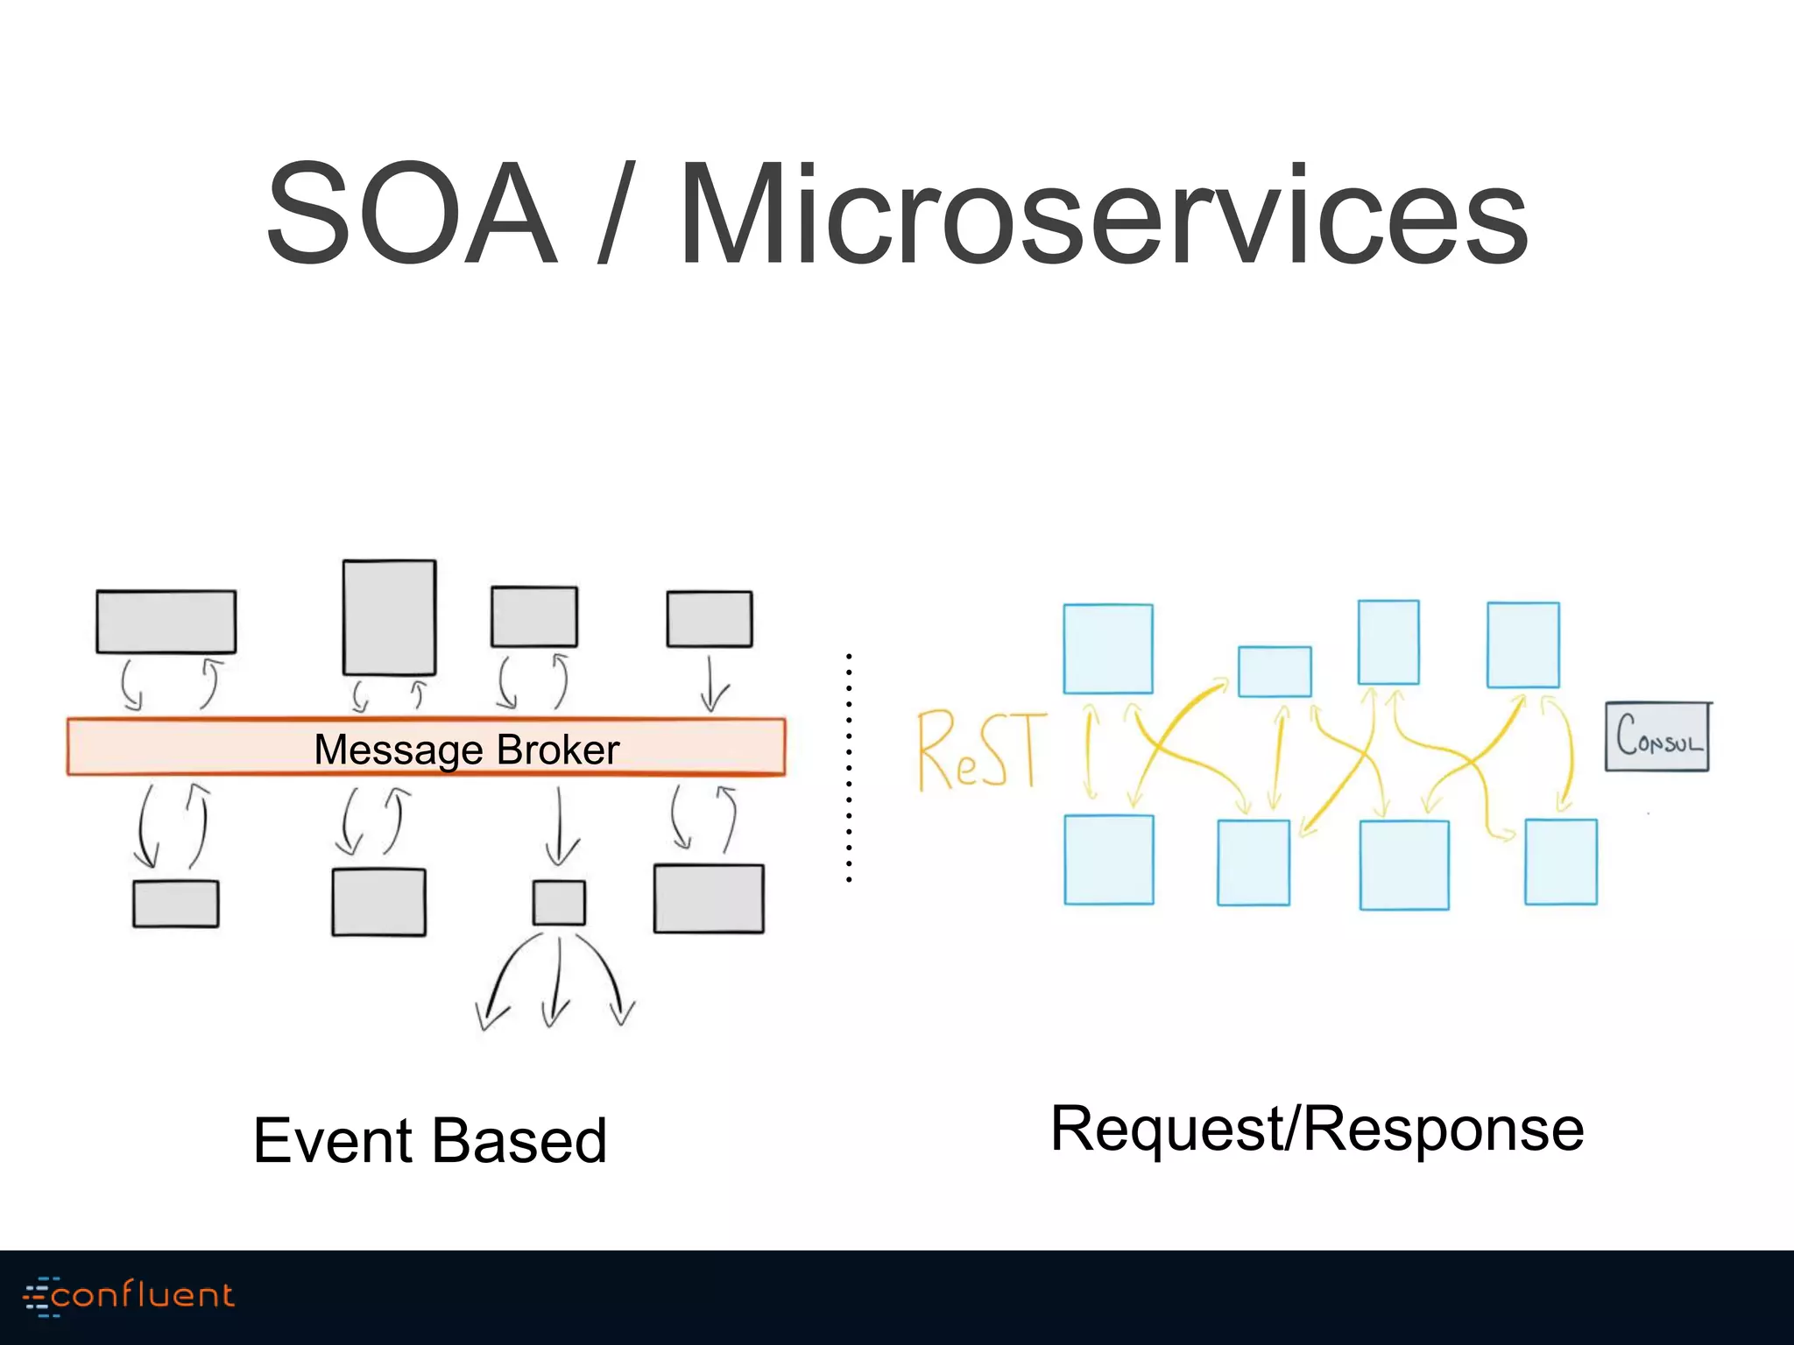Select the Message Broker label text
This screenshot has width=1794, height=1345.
(466, 750)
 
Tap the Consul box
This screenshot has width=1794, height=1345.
(1656, 736)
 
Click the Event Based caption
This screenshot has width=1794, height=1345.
(429, 1141)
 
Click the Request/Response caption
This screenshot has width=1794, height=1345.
(1317, 1130)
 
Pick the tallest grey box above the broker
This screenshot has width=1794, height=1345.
(390, 617)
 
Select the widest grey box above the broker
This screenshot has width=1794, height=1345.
(166, 622)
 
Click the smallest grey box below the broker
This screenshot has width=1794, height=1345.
(559, 903)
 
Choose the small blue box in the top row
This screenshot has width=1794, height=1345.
(1275, 672)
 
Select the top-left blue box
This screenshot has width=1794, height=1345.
(1107, 649)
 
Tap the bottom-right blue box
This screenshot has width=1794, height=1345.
(1560, 862)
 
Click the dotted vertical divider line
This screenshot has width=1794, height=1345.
(849, 766)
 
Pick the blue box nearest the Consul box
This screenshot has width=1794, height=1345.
(1522, 645)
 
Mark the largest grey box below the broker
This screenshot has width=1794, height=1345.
(709, 898)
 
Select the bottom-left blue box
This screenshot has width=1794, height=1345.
(1108, 860)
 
